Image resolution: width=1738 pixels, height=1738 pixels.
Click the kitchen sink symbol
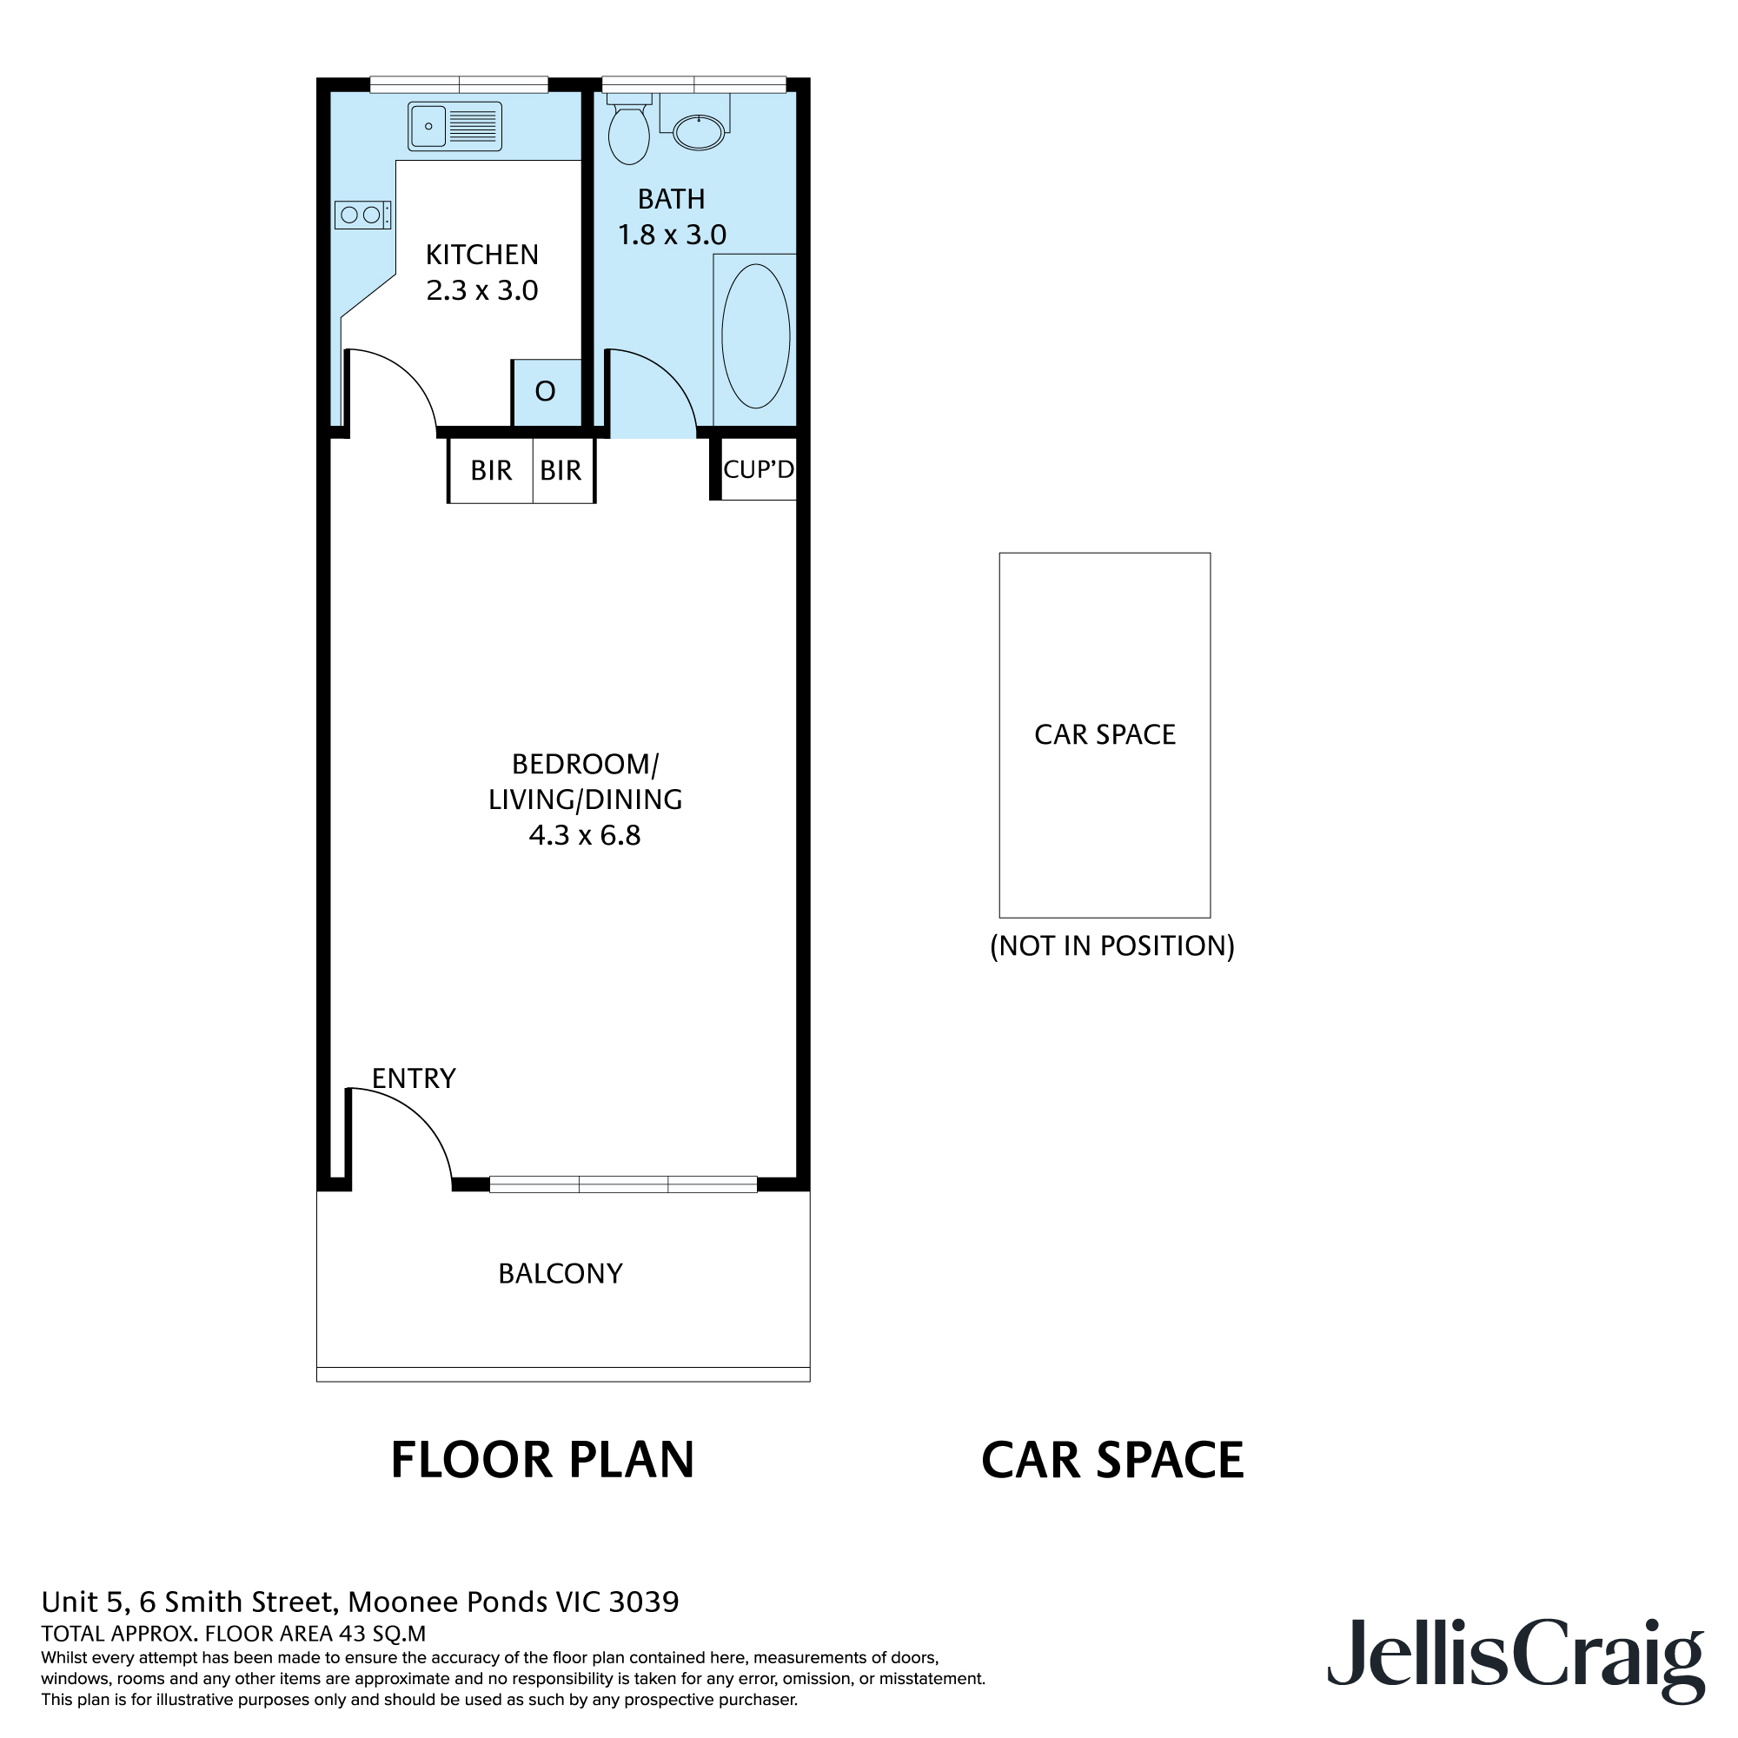[x=454, y=126]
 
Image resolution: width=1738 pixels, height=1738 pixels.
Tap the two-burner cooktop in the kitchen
[x=362, y=215]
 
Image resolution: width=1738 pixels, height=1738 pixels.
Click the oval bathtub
[x=755, y=335]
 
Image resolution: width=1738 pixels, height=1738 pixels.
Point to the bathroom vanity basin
[x=698, y=133]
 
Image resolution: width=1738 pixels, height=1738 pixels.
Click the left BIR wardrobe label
[x=490, y=470]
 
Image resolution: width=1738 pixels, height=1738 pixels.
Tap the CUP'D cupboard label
[x=759, y=468]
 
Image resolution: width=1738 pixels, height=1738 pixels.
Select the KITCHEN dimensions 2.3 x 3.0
[x=482, y=290]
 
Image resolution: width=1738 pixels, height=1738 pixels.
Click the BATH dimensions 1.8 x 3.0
[x=671, y=235]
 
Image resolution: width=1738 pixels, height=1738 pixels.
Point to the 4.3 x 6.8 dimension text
[x=585, y=836]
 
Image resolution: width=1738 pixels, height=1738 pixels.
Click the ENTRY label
[x=414, y=1078]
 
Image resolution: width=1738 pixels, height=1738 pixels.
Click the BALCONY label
[x=561, y=1274]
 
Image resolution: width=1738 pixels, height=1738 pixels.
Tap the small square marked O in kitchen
[x=546, y=392]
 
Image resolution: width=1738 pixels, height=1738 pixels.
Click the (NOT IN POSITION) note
[x=1112, y=945]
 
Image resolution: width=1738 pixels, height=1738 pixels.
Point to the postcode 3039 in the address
[x=643, y=1602]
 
